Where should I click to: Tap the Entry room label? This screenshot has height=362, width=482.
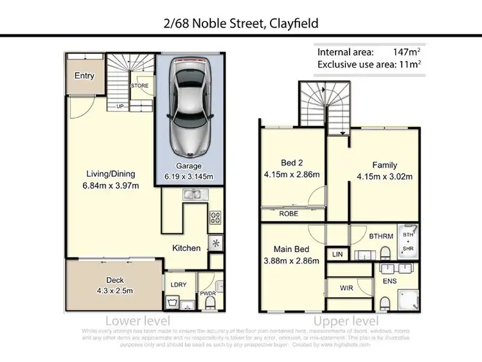84,76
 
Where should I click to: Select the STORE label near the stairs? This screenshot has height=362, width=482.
139,85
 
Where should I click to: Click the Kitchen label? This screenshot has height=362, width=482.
186,248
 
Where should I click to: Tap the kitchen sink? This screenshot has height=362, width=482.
192,193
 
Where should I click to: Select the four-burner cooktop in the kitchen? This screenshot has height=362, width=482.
215,218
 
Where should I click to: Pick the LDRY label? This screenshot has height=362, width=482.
178,284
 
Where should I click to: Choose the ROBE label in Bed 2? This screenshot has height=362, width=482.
289,214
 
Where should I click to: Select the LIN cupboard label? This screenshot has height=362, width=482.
337,255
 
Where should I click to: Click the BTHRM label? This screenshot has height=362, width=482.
378,237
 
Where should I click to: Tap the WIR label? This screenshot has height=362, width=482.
346,288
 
